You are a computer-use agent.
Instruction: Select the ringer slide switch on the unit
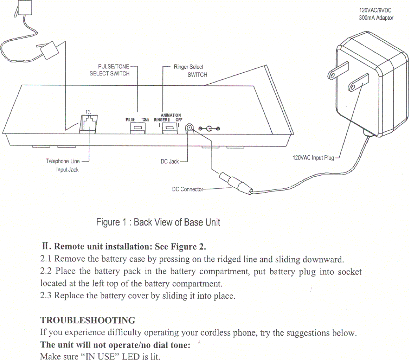tap(169, 128)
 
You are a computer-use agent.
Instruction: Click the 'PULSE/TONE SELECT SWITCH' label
tap(111, 70)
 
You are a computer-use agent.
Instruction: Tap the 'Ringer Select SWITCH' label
tap(190, 71)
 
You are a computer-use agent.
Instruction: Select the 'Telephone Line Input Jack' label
tap(63, 165)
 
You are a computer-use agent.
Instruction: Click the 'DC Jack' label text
tap(169, 162)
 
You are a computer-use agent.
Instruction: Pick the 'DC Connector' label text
tap(188, 189)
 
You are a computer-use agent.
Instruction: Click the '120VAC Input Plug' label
tap(313, 158)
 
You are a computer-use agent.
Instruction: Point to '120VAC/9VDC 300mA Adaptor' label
tap(376, 15)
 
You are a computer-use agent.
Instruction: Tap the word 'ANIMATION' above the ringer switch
tap(171, 115)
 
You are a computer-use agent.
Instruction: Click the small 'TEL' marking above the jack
tap(88, 112)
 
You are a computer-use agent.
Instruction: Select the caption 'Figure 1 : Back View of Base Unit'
tap(158, 222)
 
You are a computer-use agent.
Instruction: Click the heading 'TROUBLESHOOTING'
tap(88, 320)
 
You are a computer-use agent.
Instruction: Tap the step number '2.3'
tap(46, 296)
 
